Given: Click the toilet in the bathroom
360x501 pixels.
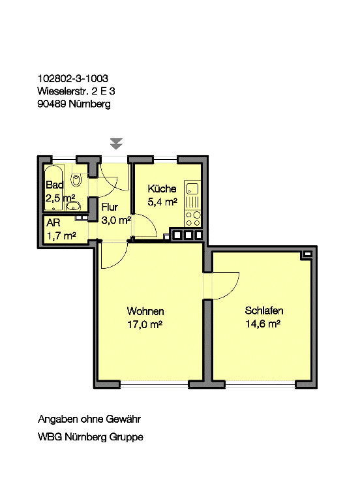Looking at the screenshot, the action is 76,181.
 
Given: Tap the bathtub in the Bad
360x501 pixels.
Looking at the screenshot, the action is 54,188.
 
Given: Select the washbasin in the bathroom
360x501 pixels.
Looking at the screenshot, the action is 73,206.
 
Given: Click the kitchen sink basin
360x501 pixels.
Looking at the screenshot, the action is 192,189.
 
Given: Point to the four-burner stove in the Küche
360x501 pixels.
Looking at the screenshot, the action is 193,219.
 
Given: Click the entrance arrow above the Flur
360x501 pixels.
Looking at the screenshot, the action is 116,144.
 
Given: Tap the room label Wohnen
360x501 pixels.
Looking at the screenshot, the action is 145,311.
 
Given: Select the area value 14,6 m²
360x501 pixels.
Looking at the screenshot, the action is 263,324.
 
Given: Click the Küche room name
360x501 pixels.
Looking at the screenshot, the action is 162,189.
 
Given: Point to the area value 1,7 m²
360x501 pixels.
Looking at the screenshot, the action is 61,235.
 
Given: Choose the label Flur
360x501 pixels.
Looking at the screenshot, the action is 110,207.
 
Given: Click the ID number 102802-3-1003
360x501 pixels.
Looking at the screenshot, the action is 73,78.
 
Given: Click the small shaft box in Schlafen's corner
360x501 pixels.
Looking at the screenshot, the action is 307,254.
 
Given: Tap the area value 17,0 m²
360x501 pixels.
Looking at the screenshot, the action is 145,325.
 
